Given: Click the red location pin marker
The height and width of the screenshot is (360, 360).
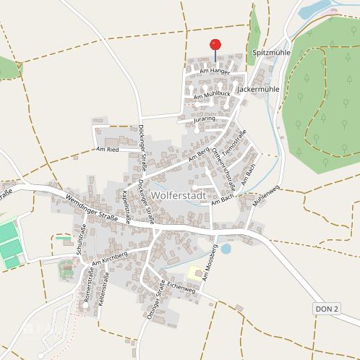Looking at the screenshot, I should click(x=215, y=46).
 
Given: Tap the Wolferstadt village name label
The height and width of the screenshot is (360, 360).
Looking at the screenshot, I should click(x=179, y=196).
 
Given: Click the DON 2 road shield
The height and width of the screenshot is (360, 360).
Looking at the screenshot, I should click(x=327, y=309).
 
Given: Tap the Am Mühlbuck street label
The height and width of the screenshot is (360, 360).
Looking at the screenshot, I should click(x=212, y=95).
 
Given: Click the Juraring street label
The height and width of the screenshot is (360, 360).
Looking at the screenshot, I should click(x=205, y=119).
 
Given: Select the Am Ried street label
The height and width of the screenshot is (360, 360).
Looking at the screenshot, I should click(x=107, y=150).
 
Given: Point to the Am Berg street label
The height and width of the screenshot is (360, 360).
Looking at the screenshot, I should click(x=198, y=153).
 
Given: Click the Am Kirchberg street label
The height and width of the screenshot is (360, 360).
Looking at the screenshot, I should click(x=109, y=260).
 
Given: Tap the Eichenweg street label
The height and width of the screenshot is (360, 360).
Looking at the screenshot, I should click(x=181, y=288).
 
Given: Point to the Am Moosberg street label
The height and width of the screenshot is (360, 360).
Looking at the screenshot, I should click(x=210, y=266).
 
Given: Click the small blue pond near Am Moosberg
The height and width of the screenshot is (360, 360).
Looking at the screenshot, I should click(x=226, y=249).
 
